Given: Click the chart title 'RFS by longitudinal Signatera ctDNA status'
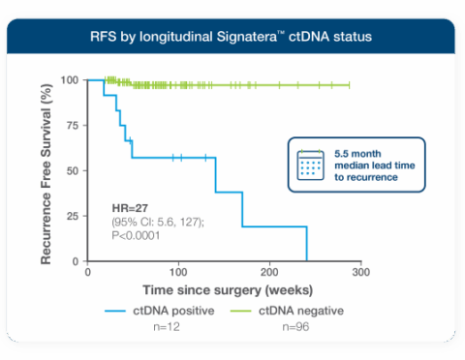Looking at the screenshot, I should [232, 38].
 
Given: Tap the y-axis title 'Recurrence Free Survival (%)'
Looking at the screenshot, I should [45, 171].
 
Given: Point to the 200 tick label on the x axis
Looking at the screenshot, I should [269, 273].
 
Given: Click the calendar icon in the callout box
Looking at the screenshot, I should [311, 165].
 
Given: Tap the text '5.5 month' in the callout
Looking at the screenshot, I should [358, 154].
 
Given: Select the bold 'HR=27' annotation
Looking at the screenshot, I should [131, 210].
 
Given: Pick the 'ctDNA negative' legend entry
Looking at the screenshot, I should [298, 310].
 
